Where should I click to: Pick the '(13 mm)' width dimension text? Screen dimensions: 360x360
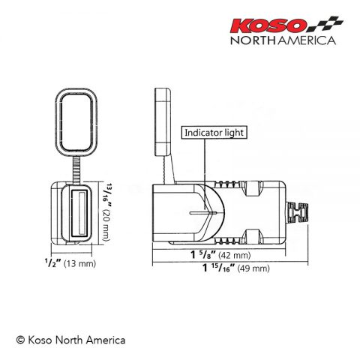point(79,264)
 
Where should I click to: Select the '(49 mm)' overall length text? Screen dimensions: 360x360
point(253,269)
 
